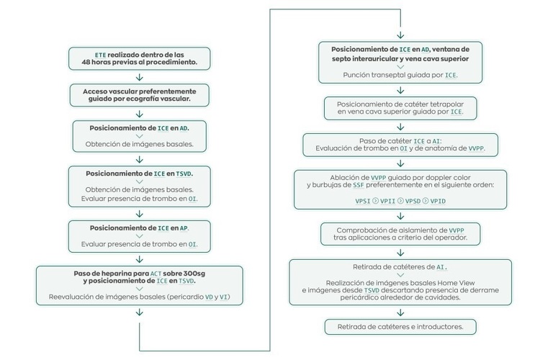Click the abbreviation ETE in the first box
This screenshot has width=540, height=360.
coord(100,55)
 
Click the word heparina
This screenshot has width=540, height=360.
coord(111,274)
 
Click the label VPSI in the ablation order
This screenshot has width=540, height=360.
coord(364,201)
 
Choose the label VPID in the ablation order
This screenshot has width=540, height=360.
coord(438,201)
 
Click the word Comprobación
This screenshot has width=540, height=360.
coord(364,229)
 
